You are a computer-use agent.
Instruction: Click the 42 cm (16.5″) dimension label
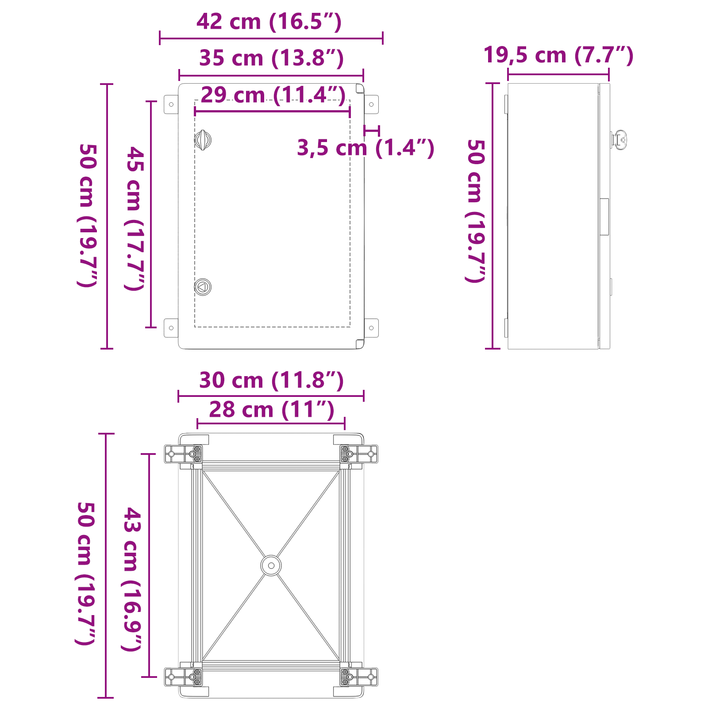[x=269, y=22]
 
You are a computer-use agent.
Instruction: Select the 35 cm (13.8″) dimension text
[x=271, y=58]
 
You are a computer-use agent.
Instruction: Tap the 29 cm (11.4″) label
[x=273, y=95]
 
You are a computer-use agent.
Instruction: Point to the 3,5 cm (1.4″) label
[x=366, y=148]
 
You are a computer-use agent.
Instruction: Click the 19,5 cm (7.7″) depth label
[x=558, y=55]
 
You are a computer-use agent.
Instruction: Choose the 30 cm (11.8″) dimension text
[x=271, y=381]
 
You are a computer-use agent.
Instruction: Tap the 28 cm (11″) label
[x=271, y=410]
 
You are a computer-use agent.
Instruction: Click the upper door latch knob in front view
[x=203, y=140]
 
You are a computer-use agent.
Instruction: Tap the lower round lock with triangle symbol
[x=203, y=287]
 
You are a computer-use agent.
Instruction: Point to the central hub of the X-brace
[x=271, y=566]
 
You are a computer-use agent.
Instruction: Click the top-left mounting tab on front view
[x=171, y=104]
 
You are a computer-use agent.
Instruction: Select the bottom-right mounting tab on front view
[x=371, y=328]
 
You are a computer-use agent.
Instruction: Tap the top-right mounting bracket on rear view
[x=359, y=454]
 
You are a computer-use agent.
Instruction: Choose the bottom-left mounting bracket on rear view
[x=183, y=677]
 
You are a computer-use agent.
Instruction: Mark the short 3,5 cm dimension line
[x=371, y=131]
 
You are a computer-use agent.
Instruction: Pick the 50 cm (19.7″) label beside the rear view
[x=86, y=573]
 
